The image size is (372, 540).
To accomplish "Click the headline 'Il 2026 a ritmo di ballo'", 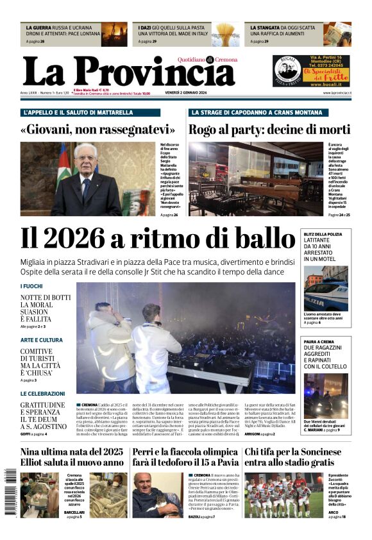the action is tap(158, 239).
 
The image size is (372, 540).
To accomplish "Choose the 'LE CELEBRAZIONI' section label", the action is tap(42, 394).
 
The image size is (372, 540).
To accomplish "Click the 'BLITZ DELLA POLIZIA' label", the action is tap(323, 235).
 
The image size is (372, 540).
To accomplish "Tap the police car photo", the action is tap(326, 289).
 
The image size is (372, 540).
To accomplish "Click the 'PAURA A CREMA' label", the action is tap(320, 342).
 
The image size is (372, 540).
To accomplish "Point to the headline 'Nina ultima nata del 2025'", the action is tap(71, 452).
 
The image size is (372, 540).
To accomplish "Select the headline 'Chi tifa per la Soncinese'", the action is tap(298, 452).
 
